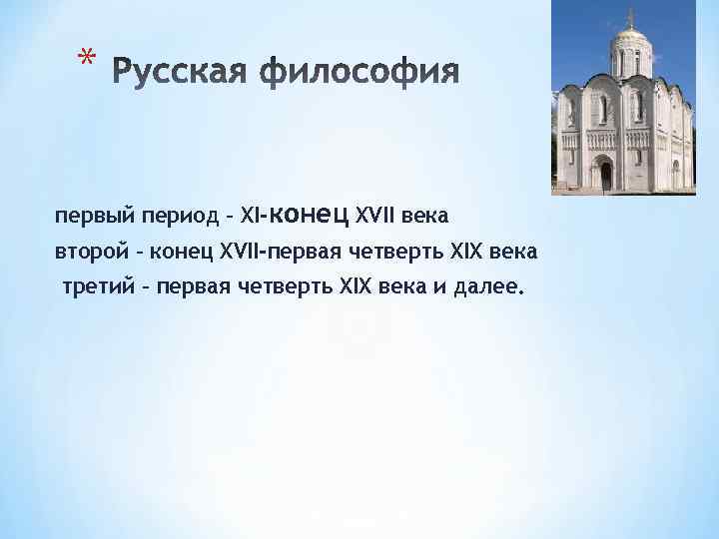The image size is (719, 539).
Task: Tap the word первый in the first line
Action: coord(88,216)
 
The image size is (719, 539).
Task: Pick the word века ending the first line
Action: coord(427,216)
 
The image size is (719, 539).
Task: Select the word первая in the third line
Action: coord(192,287)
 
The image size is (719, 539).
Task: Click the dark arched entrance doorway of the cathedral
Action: coord(606,177)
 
